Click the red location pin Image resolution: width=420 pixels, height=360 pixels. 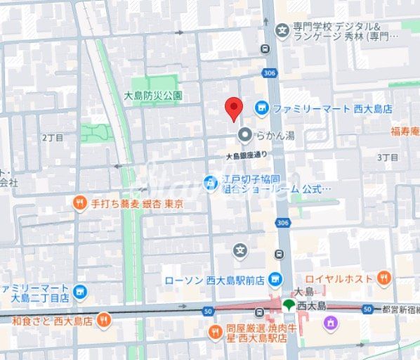point(233,108)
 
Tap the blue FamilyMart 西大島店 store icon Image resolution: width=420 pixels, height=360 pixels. point(261,108)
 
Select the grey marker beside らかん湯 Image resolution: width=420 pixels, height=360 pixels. point(244,134)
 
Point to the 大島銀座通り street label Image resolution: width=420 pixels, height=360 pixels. point(247,155)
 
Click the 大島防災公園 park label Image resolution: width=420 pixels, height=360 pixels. point(153,95)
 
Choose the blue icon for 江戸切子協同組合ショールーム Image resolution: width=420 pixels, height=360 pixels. point(209,183)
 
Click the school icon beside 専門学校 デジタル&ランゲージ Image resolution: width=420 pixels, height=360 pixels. point(282,30)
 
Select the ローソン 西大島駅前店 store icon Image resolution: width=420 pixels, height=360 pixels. point(275,278)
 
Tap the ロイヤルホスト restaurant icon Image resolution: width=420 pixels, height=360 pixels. point(383,278)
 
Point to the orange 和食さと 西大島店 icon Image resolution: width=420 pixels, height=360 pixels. point(103,321)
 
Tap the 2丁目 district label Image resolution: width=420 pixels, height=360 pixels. point(52,137)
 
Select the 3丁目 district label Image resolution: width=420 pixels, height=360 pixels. point(388,157)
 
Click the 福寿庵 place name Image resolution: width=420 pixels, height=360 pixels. point(405,131)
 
